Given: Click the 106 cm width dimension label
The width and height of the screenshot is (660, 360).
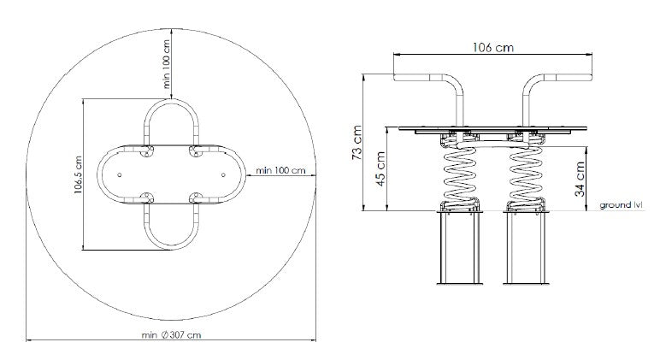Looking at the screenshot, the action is [x=493, y=47].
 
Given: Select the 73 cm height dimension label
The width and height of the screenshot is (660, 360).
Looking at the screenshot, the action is [x=357, y=142].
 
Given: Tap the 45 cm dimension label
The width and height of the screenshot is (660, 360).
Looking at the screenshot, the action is [x=380, y=168].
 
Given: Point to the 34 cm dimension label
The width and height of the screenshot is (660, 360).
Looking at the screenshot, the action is [x=580, y=179].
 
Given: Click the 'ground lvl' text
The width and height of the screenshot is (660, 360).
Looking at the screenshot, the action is [x=622, y=205].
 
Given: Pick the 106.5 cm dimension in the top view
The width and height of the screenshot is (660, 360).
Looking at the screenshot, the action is [x=78, y=174].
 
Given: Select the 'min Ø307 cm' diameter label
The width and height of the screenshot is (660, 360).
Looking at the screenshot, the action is [x=171, y=335].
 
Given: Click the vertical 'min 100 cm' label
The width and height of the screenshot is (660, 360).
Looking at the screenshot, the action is [x=167, y=64].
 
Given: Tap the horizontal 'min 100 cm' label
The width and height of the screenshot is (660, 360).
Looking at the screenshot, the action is [x=280, y=170].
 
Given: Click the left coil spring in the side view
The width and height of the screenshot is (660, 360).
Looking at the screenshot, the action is [x=459, y=176].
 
